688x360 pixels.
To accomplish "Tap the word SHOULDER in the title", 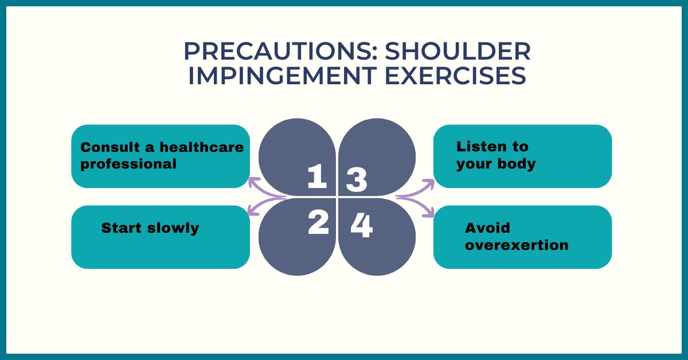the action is tap(458, 51).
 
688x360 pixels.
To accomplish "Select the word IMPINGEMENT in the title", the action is tap(282, 76).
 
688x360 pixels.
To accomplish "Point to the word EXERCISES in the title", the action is tap(455, 76).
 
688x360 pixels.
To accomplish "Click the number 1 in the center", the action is tap(316, 176).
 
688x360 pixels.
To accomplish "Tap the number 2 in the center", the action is tap(318, 224).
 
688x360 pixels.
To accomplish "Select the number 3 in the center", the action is tap(356, 179).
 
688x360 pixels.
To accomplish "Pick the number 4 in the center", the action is tap(362, 225).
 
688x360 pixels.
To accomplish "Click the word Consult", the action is tap(110, 147).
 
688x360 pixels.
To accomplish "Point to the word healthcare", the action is tap(202, 147).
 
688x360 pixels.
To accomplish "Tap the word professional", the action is tap(128, 165).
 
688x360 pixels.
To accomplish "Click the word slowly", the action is tap(173, 228).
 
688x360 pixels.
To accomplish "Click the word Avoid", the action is tap(487, 228).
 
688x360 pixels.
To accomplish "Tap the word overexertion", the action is tap(517, 245).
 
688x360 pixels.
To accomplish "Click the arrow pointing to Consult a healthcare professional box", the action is tap(264, 190).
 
